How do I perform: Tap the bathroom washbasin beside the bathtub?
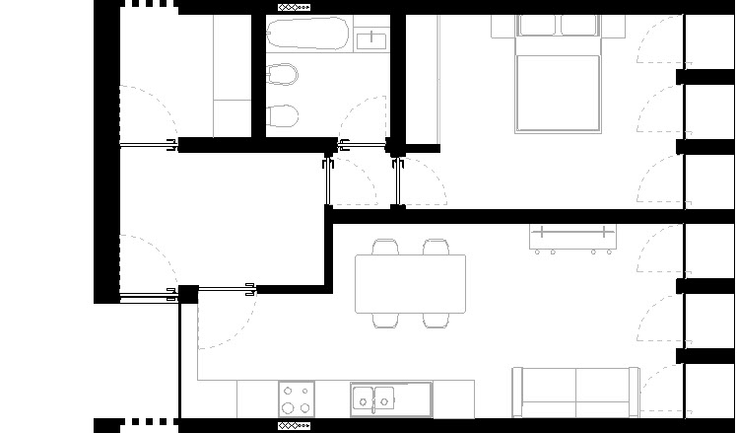[x=371, y=38]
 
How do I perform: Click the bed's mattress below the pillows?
[x=558, y=94]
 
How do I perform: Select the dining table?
[x=411, y=284]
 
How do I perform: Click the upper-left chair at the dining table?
[x=384, y=247]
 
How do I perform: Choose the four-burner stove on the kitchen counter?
[x=296, y=399]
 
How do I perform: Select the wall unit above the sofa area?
[x=572, y=237]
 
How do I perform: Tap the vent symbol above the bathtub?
[x=294, y=6]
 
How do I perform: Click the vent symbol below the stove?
[x=294, y=426]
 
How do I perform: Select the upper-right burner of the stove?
[x=305, y=391]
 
